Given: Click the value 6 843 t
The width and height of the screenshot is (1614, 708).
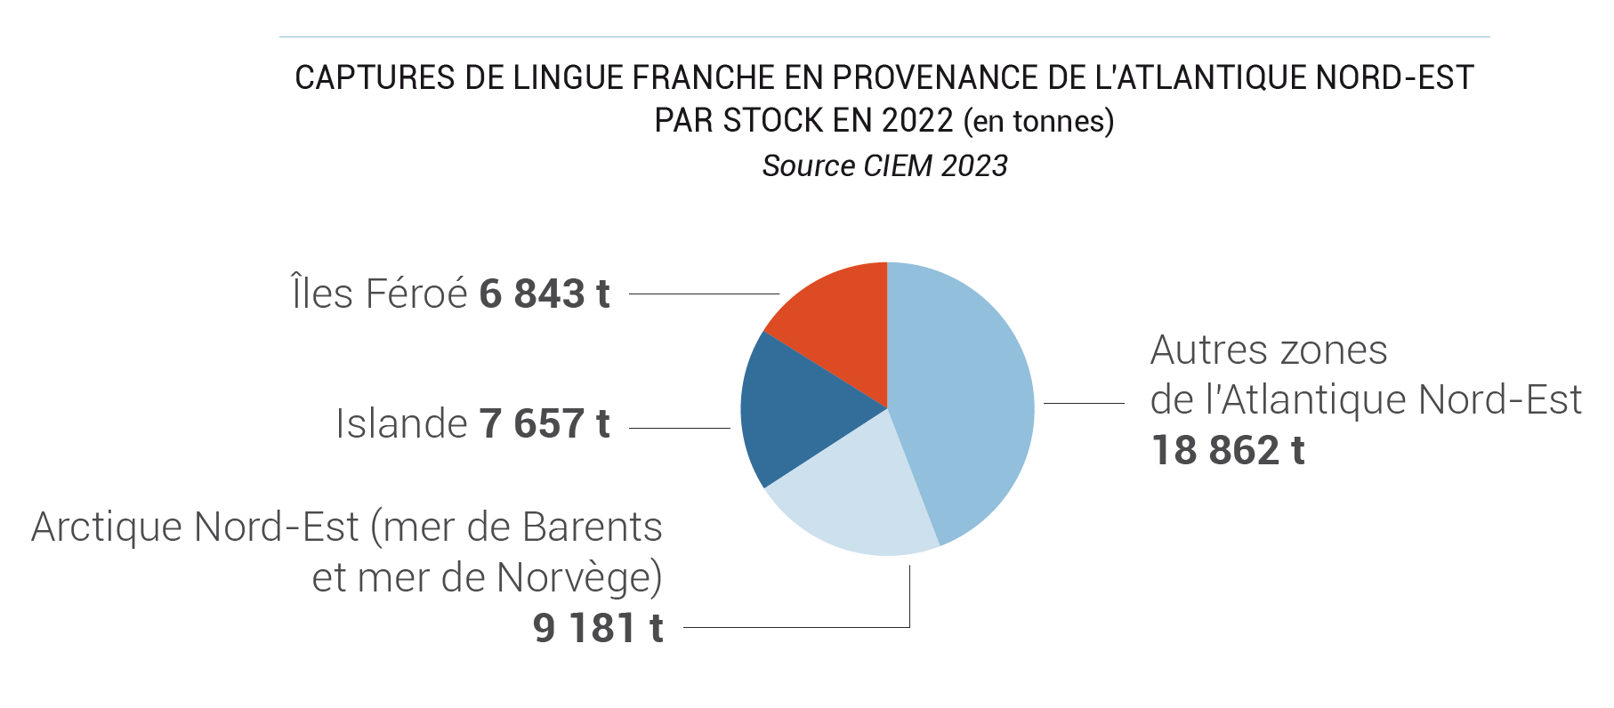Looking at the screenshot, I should (544, 294).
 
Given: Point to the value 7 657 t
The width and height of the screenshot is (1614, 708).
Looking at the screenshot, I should (544, 423).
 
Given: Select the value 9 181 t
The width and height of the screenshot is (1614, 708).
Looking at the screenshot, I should (598, 628).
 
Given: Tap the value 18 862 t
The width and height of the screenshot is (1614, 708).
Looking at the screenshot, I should (1227, 450).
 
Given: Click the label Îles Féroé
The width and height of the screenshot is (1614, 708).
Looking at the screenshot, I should (380, 294).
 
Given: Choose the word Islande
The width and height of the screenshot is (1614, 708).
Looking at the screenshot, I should (401, 423).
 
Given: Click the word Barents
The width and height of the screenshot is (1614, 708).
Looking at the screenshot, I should (592, 527).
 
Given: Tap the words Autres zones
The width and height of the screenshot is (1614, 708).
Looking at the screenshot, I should (1268, 350).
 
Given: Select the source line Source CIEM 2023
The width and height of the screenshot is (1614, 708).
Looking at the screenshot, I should (884, 165).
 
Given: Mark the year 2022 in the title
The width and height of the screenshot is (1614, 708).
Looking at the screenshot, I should (917, 120).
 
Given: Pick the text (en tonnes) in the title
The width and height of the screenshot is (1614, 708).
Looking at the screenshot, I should (1038, 120).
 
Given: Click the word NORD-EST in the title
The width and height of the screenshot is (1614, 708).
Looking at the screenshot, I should (1394, 78).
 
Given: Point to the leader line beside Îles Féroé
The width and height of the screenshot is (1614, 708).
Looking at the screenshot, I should (703, 294).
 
